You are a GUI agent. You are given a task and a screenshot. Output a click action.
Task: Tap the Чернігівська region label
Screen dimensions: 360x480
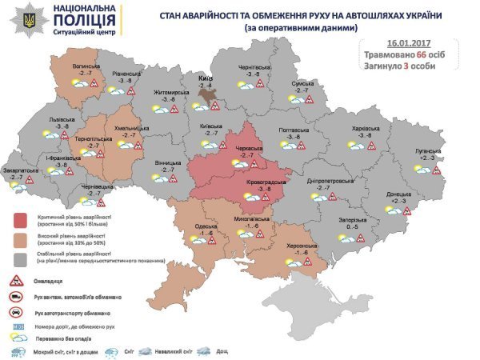pos(254,67)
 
